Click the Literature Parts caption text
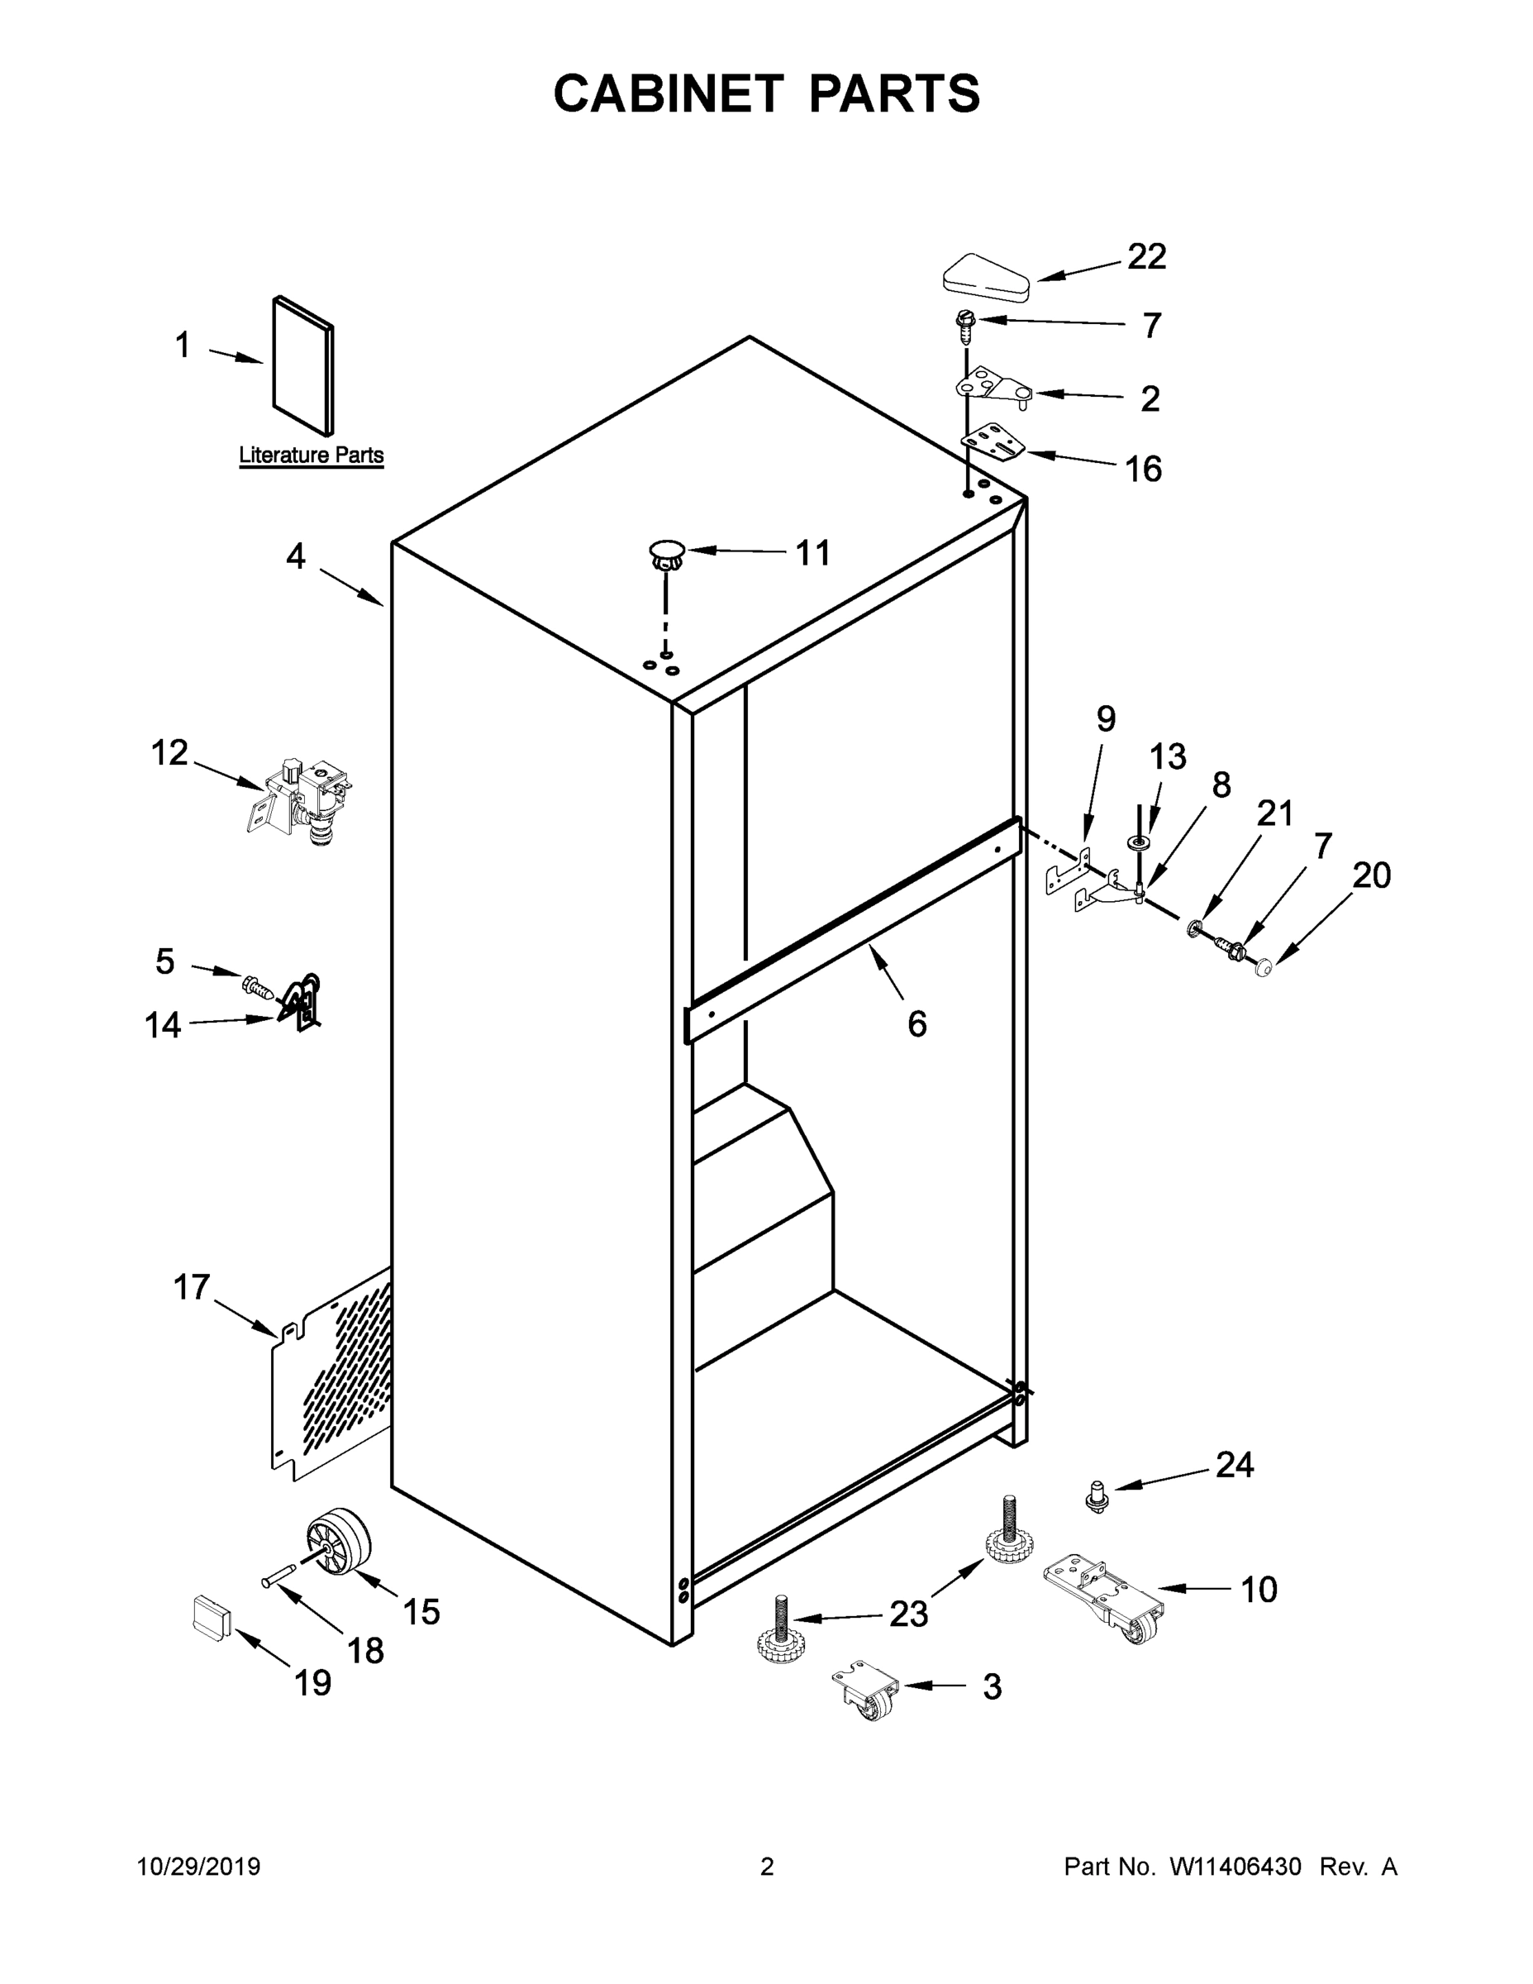[x=311, y=455]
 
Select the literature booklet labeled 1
[x=303, y=365]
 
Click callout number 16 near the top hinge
[x=1144, y=469]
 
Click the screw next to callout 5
[x=257, y=985]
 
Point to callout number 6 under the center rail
[x=916, y=1023]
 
